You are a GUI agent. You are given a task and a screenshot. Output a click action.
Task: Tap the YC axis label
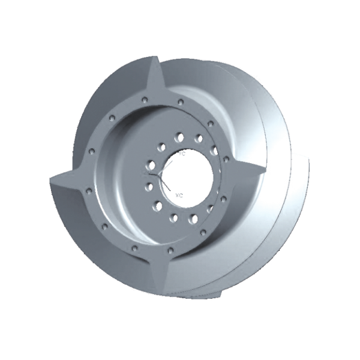[x=182, y=154]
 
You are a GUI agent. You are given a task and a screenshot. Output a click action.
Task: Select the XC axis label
[x=179, y=195]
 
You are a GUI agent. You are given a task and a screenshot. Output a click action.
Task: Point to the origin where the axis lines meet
[x=157, y=175]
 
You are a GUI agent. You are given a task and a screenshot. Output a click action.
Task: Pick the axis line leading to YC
[x=169, y=163]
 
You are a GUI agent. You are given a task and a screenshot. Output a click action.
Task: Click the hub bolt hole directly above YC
[x=179, y=138]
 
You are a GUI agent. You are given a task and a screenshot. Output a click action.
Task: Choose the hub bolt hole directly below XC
[x=176, y=217]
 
